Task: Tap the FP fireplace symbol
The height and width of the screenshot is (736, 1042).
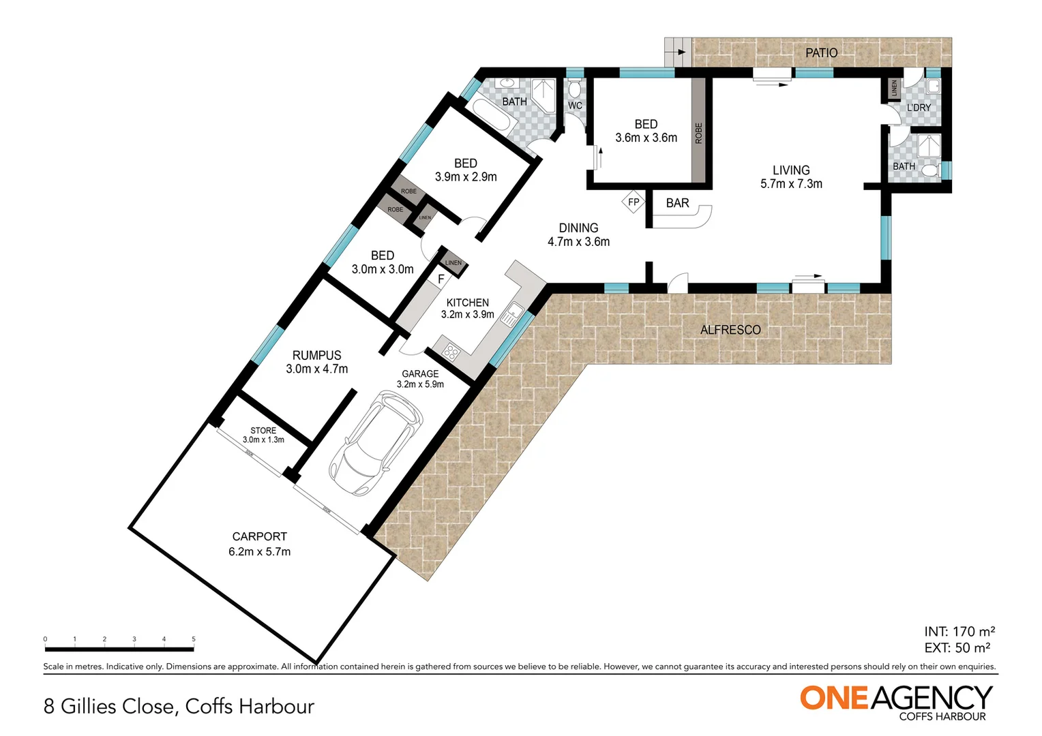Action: [x=634, y=202]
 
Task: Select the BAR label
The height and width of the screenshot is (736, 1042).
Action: [x=677, y=203]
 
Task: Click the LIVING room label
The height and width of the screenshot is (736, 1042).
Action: [x=791, y=170]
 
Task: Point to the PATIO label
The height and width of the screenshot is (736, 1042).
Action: [x=821, y=52]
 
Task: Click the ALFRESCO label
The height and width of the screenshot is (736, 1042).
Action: [x=730, y=330]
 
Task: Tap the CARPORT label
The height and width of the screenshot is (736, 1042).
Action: [x=259, y=536]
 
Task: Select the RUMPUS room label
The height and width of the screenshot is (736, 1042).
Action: [x=316, y=355]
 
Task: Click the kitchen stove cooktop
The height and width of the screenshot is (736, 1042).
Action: [x=451, y=352]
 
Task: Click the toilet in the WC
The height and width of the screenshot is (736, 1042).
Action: [x=575, y=89]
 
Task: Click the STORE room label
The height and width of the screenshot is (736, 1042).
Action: [x=263, y=431]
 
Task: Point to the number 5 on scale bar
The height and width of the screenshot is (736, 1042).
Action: [x=194, y=639]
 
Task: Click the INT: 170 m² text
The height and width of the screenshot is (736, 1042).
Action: [x=959, y=632]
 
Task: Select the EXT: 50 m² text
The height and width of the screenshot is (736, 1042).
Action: [x=957, y=648]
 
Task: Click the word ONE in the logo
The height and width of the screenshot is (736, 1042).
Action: [x=834, y=699]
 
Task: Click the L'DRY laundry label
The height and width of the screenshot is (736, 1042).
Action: [x=918, y=108]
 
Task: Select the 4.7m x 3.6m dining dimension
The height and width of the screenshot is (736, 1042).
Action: [x=578, y=242]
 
